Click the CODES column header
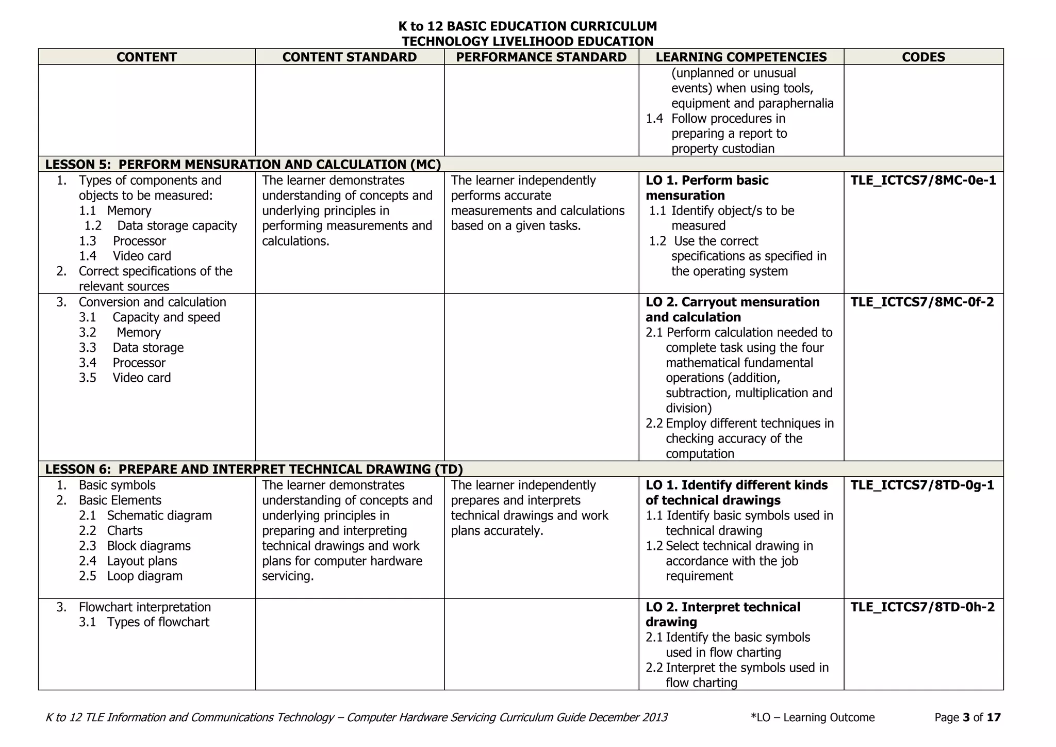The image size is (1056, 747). tap(923, 57)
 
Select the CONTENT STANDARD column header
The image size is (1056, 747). tap(349, 57)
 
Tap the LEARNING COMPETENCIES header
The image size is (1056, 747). tap(741, 57)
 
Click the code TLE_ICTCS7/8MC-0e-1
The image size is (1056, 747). tap(923, 181)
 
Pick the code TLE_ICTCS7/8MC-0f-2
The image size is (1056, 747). tap(922, 302)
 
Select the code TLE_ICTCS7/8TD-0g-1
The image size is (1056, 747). tap(922, 485)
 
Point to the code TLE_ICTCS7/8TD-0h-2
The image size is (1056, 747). tap(922, 607)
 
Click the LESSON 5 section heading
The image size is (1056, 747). tap(243, 165)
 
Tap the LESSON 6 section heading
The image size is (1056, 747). tap(254, 469)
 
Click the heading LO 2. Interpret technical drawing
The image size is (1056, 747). tap(722, 614)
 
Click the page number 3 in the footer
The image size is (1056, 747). tap(966, 718)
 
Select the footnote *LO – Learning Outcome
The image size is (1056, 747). tap(813, 718)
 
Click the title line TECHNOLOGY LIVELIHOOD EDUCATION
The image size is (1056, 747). tap(527, 41)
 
